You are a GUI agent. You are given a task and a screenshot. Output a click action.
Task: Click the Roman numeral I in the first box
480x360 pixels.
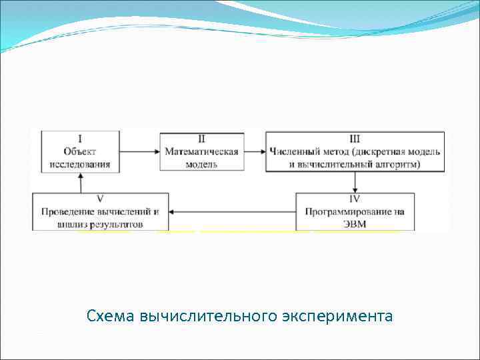[x=80, y=139]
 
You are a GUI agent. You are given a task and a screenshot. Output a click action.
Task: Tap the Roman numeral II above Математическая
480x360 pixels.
[x=201, y=139]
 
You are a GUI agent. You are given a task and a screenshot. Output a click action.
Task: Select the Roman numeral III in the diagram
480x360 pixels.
[x=355, y=139]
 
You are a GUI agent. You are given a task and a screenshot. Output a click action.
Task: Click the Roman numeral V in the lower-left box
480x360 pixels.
[x=99, y=199]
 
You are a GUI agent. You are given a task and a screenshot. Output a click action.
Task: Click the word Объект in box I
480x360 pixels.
[x=80, y=151]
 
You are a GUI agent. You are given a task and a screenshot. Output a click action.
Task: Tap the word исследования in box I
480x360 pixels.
[x=80, y=163]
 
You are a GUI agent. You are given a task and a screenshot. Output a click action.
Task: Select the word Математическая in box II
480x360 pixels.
[x=201, y=151]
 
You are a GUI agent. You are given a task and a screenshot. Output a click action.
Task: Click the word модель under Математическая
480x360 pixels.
[x=201, y=163]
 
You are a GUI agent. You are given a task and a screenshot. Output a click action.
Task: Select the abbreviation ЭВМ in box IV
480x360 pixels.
[x=355, y=225]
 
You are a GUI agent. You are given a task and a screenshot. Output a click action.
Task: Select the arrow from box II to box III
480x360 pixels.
[x=255, y=151]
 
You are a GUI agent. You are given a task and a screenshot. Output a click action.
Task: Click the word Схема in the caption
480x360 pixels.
[x=111, y=315]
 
